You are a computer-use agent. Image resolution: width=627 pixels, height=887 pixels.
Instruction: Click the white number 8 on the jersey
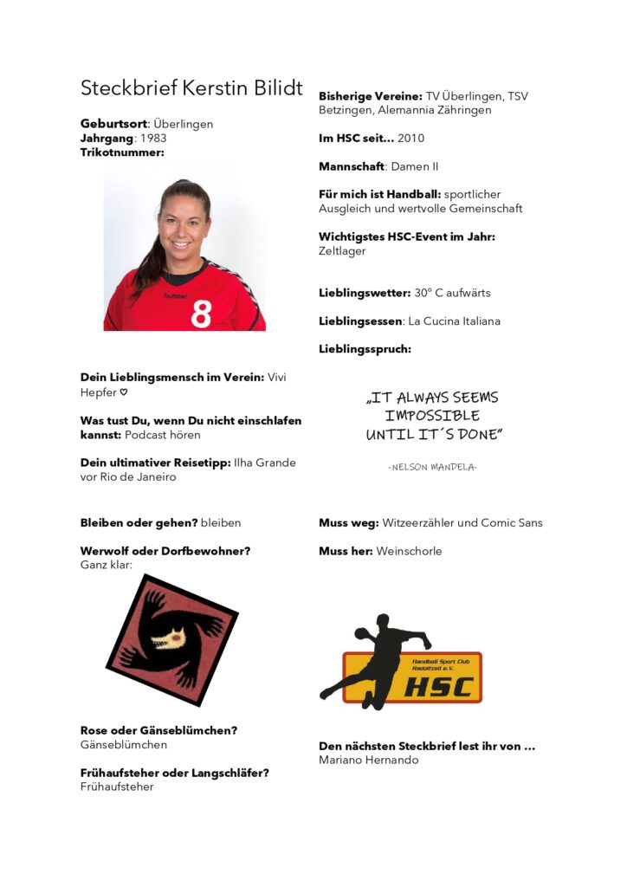pyautogui.click(x=201, y=313)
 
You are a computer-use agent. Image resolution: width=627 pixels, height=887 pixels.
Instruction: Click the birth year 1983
pyautogui.click(x=152, y=138)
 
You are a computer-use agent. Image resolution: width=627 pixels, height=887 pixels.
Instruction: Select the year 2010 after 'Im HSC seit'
pyautogui.click(x=410, y=138)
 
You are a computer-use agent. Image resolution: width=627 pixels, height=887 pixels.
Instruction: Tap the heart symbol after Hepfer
pyautogui.click(x=123, y=392)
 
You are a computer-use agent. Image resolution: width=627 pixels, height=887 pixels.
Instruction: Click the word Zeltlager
pyautogui.click(x=342, y=251)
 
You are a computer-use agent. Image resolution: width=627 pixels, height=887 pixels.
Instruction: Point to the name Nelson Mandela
pyautogui.click(x=432, y=467)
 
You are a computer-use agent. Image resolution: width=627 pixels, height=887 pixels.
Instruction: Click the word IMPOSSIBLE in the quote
pyautogui.click(x=432, y=416)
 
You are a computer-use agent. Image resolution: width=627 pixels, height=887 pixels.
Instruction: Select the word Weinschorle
pyautogui.click(x=409, y=551)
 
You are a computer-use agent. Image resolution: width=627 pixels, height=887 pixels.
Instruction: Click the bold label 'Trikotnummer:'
pyautogui.click(x=122, y=152)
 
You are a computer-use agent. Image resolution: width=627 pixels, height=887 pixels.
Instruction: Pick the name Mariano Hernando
pyautogui.click(x=369, y=760)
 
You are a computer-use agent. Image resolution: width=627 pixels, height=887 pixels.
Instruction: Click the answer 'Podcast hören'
pyautogui.click(x=163, y=435)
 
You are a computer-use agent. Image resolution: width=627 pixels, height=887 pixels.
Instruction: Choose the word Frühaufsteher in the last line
pyautogui.click(x=117, y=787)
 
